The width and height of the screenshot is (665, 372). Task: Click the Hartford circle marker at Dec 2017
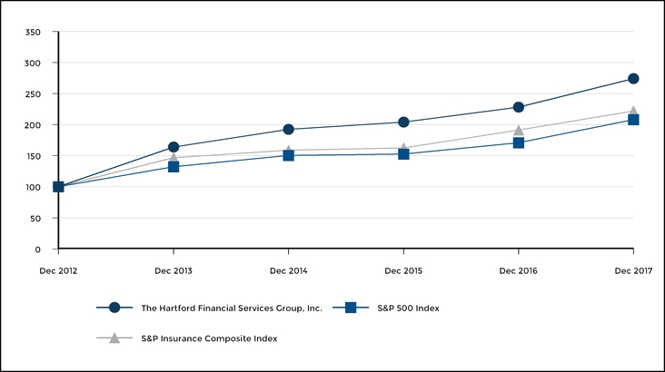pos(633,79)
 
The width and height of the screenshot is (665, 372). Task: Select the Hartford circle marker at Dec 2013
pos(174,147)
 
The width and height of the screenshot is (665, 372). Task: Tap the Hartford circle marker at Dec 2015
pos(403,122)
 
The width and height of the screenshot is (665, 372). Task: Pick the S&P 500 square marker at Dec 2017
pos(633,120)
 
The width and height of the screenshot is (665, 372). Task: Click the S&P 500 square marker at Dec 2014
pos(289,155)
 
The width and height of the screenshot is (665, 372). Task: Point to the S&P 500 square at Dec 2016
pos(519,142)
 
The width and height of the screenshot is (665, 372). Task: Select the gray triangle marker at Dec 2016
pos(519,130)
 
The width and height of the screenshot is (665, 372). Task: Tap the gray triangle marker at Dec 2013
pos(174,157)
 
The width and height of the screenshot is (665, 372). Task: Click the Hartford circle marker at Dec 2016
pos(519,107)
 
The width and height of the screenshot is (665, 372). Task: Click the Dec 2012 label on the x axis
pos(58,270)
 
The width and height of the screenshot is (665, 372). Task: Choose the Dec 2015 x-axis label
pos(403,270)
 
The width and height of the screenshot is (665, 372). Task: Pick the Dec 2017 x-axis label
pos(633,270)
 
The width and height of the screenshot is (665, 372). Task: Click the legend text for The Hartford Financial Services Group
pos(232,308)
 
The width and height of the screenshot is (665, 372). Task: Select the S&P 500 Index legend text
pos(409,308)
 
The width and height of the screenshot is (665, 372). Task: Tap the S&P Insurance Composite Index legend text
pos(209,338)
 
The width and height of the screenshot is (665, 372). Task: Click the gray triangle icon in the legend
pos(114,338)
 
